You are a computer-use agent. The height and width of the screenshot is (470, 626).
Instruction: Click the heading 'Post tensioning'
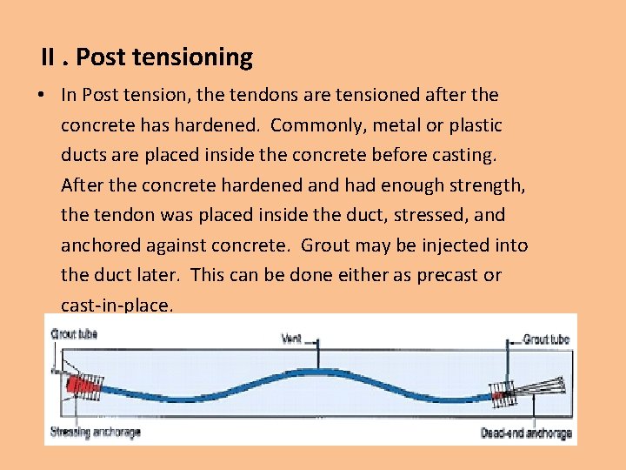164,58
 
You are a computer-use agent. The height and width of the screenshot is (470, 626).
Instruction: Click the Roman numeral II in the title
50,58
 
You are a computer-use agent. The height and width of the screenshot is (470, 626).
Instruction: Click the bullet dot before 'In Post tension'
41,95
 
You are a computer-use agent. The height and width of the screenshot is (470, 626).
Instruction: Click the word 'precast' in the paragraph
443,275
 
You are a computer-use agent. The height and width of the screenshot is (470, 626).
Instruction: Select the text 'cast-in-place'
116,305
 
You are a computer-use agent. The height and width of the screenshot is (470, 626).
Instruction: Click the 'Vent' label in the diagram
291,337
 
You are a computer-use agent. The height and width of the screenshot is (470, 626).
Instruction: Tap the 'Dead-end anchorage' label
526,433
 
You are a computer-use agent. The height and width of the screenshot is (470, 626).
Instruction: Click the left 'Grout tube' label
74,332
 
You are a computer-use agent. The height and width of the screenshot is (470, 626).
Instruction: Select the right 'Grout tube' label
546,339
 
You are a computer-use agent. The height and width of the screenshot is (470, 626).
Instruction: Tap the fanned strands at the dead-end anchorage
543,386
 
